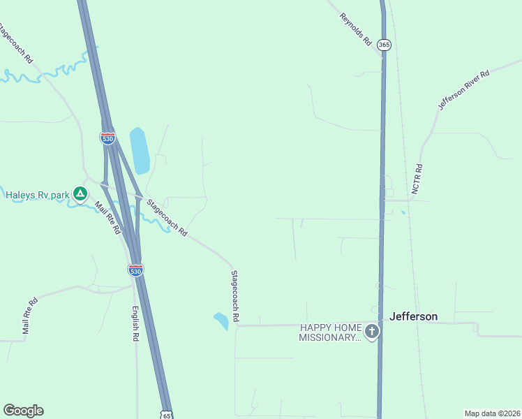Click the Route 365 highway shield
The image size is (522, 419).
(384, 45)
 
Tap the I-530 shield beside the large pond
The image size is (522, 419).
(107, 139)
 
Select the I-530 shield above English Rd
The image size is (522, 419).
(136, 270)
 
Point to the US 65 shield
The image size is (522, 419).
(167, 415)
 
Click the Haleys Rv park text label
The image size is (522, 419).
(37, 195)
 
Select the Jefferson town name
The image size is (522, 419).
(414, 316)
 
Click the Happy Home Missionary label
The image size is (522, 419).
(331, 332)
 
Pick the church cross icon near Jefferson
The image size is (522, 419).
(372, 332)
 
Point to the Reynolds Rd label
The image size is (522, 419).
(356, 29)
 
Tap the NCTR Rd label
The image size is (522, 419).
(417, 179)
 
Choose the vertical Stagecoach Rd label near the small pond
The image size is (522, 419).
(236, 296)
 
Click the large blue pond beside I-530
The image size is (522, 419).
(140, 151)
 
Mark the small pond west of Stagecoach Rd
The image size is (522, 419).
(221, 321)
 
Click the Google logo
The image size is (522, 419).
(23, 411)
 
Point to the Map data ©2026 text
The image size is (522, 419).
(492, 413)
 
